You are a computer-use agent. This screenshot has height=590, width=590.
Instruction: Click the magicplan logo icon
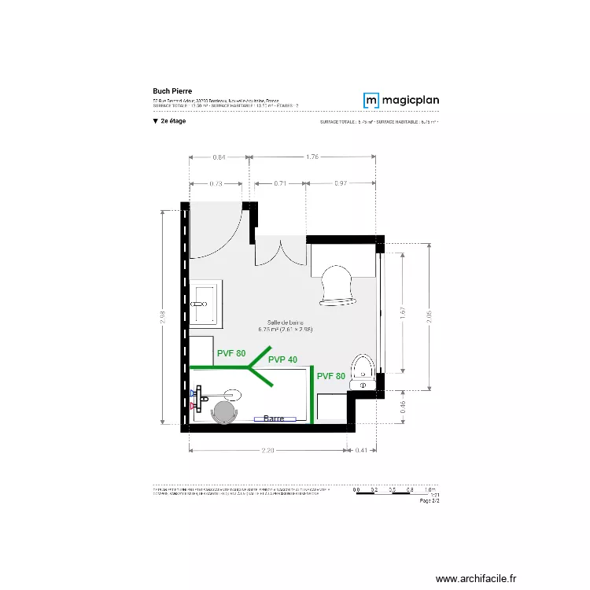(371, 100)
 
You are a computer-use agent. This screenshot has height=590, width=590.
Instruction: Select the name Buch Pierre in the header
(172, 91)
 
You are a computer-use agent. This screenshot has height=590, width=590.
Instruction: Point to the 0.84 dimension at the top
(219, 157)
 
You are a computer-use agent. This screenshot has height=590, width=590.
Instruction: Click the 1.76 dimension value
(312, 157)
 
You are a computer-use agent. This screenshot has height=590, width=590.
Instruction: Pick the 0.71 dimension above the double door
(279, 183)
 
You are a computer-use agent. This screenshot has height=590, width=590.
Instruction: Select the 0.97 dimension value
(340, 183)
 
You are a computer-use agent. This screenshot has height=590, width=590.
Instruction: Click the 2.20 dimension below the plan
(267, 450)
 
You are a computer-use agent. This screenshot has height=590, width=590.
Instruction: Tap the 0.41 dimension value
(361, 450)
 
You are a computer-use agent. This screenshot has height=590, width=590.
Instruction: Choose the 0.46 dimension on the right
(402, 407)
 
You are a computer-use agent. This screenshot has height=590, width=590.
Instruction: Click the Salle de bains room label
(286, 322)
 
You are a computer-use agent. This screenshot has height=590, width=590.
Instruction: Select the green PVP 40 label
(282, 360)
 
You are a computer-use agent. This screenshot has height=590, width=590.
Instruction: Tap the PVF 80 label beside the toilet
(331, 377)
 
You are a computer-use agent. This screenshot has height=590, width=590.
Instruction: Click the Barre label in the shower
(274, 419)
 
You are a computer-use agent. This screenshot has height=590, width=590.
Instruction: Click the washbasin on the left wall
(207, 303)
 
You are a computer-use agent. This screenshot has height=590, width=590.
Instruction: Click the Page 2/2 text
(430, 500)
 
